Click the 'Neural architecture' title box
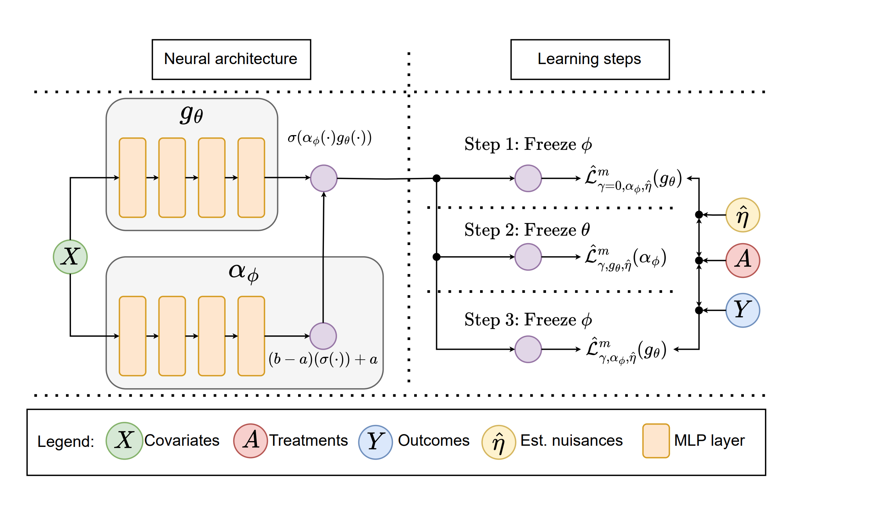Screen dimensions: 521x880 coord(231,59)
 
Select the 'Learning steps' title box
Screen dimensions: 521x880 coord(590,59)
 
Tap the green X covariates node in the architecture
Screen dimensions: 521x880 coord(70,257)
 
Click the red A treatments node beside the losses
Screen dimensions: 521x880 coord(742,260)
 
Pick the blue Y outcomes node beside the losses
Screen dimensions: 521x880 coord(742,310)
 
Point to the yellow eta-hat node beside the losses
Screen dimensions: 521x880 coord(742,215)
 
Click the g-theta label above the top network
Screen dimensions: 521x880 coord(191,115)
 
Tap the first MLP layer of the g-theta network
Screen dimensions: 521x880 coord(132,178)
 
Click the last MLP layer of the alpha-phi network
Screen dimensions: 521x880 coord(251,336)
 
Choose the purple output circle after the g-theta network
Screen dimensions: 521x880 coord(324,178)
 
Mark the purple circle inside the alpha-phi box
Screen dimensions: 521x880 coord(323,336)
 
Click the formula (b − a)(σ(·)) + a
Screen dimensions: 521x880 coord(323,360)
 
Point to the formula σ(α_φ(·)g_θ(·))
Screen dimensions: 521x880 coord(330,138)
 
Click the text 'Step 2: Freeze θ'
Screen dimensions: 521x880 coord(527,230)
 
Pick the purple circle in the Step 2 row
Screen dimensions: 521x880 coord(528,257)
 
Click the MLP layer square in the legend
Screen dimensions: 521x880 coord(656,441)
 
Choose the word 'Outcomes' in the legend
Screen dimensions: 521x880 coord(433,440)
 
